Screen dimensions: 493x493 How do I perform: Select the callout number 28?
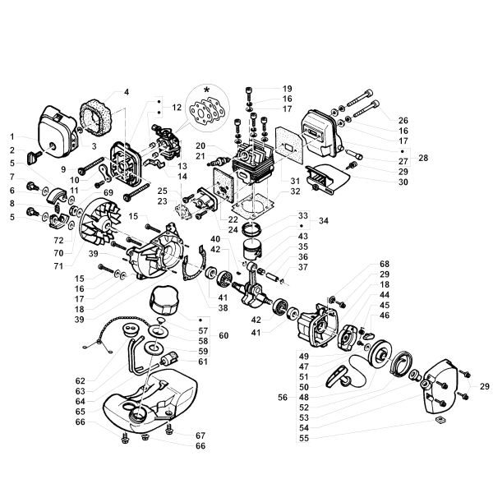point(423,157)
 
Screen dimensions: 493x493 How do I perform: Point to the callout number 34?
point(323,221)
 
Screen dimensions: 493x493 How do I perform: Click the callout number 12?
point(176,108)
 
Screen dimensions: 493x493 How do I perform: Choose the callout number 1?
point(12,136)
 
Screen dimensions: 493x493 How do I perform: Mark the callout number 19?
point(287,89)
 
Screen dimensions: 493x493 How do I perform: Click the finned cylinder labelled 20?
point(252,162)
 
